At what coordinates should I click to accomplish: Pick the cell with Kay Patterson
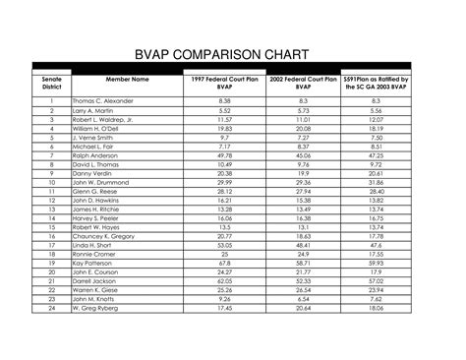(x=92, y=264)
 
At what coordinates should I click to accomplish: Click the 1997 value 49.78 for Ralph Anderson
(x=225, y=155)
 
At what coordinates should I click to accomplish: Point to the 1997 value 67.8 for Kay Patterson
(x=225, y=264)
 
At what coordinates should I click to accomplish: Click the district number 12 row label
(x=49, y=201)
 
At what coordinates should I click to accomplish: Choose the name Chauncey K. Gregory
(x=105, y=236)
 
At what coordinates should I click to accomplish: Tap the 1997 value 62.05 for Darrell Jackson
(x=225, y=281)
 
